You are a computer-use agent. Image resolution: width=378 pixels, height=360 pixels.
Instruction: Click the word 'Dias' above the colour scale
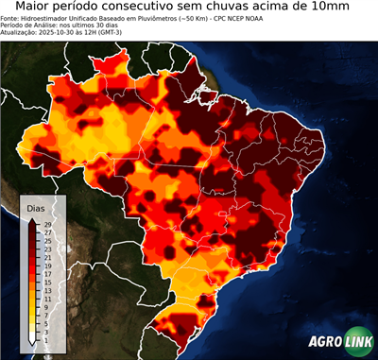[36, 207]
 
